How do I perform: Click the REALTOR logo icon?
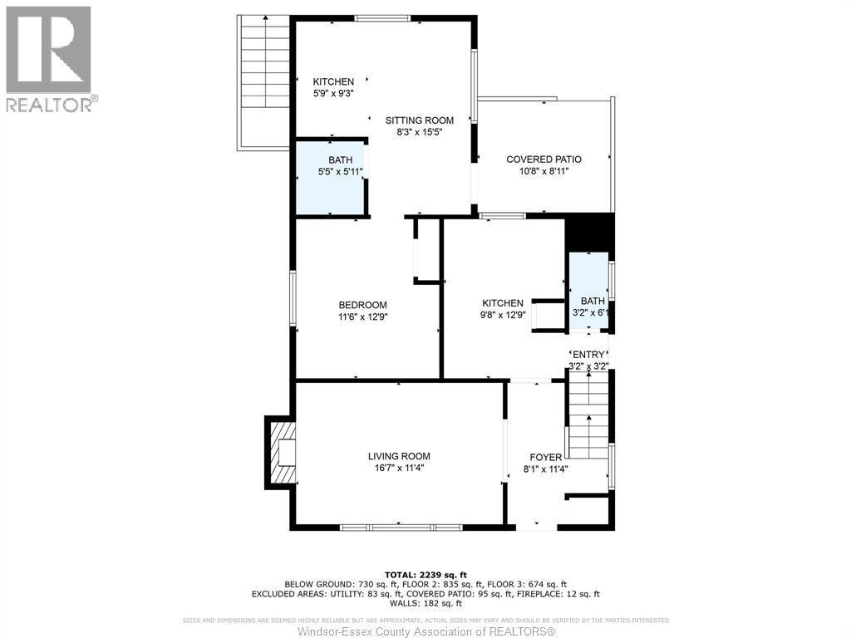pos(48,50)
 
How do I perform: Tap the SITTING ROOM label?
pos(419,120)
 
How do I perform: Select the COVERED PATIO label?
pos(544,159)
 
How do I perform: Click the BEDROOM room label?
pos(362,305)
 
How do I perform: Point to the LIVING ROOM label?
pos(399,456)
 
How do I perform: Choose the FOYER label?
pos(546,457)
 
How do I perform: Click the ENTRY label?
pos(589,355)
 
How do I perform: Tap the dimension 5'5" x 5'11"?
pos(341,172)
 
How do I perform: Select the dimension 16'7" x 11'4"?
pos(399,468)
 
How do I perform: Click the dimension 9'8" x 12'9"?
pos(503,316)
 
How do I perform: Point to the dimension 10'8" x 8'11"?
pos(544,171)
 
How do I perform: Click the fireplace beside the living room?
pos(281,452)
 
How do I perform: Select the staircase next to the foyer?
pos(588,415)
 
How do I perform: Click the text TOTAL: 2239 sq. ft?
pos(425,575)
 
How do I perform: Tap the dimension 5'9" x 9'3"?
pos(333,93)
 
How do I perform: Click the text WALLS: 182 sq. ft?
pos(425,605)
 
